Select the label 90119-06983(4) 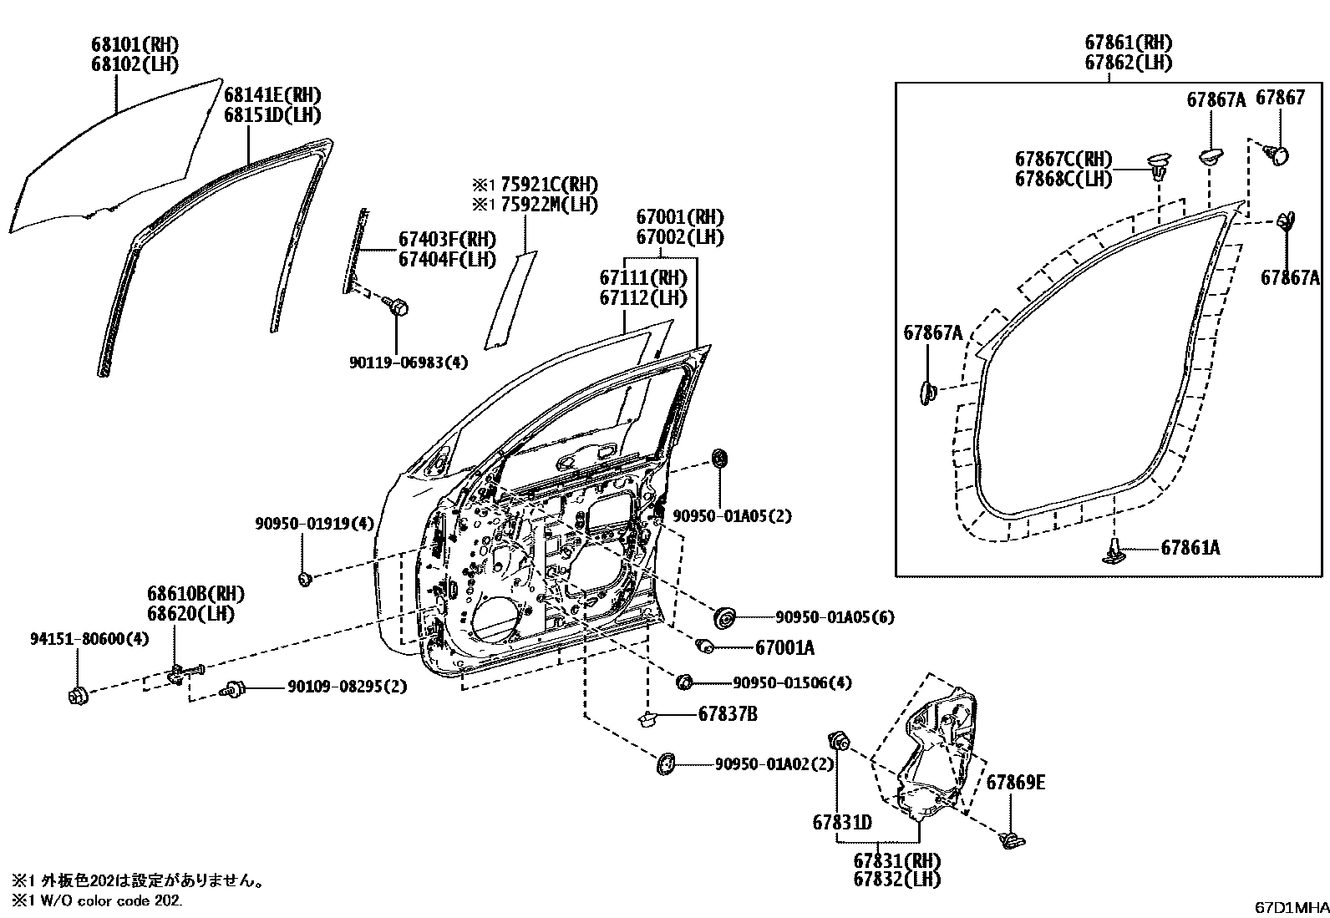click(x=409, y=363)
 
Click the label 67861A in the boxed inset click(x=1190, y=548)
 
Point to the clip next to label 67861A click(x=1115, y=551)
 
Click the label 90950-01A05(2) click(x=731, y=517)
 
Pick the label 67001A click(x=784, y=647)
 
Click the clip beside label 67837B click(x=648, y=717)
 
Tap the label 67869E click(x=1015, y=783)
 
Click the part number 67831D click(x=842, y=823)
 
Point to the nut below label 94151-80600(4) click(x=77, y=694)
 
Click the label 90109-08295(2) click(x=347, y=687)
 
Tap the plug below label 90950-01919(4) click(x=306, y=578)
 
